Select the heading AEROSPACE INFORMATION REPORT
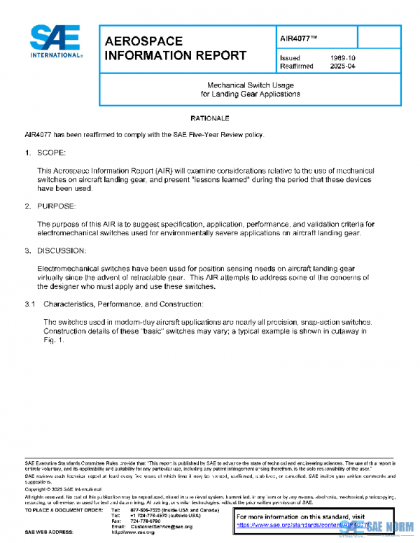click(x=175, y=48)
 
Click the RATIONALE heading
click(x=210, y=118)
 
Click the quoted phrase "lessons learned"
click(x=227, y=180)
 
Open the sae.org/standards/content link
click(x=301, y=524)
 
